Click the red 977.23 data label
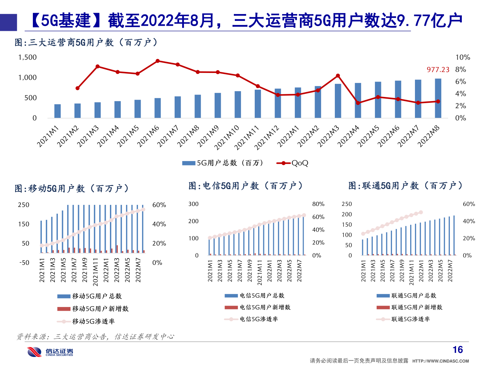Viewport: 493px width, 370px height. (x=438, y=70)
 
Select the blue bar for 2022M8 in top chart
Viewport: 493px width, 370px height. (x=438, y=99)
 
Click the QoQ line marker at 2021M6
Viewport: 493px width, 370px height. (x=157, y=61)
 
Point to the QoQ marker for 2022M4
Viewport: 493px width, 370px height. (x=358, y=103)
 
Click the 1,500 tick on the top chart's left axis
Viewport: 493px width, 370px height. (x=27, y=57)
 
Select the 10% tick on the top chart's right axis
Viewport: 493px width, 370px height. (x=463, y=57)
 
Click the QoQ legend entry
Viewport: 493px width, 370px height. (x=293, y=163)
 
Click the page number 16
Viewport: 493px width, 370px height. (x=458, y=350)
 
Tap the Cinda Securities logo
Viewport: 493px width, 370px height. (x=50, y=352)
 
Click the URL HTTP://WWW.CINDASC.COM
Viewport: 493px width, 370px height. (x=441, y=361)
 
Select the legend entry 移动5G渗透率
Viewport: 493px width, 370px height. (x=86, y=321)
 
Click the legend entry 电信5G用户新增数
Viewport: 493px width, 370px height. (x=258, y=307)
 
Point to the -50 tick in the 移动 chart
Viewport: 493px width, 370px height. (x=24, y=263)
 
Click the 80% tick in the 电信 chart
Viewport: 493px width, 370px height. (x=318, y=204)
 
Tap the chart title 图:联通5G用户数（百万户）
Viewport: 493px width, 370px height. (x=405, y=186)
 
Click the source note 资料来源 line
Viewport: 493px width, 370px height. (x=96, y=337)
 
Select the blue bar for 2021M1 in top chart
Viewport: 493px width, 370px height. (x=58, y=111)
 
